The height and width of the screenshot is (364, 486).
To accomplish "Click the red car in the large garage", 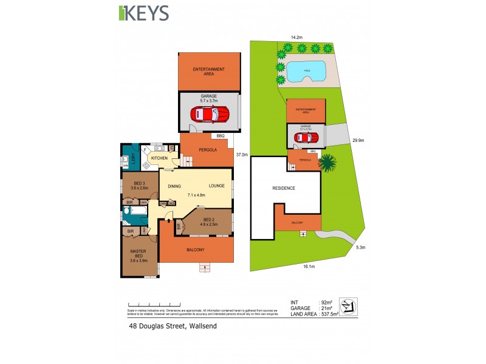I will (209, 113).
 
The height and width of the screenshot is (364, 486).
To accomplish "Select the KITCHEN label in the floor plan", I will (159, 158).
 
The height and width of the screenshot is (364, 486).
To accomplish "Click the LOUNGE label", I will (217, 186).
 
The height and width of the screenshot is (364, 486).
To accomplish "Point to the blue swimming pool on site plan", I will (305, 71).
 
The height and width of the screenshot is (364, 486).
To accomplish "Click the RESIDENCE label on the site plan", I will (283, 188).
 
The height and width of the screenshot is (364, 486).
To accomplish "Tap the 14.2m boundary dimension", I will (296, 38).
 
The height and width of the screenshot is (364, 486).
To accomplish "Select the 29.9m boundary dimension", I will (358, 140).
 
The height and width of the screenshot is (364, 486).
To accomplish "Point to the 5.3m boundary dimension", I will (361, 248).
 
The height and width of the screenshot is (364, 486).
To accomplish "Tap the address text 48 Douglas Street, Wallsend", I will (173, 326).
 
